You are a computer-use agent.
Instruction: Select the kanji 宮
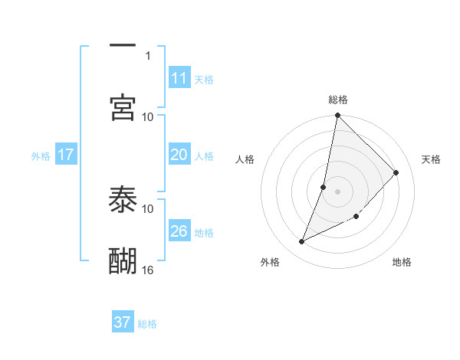(x=123, y=107)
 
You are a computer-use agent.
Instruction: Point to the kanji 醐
(x=123, y=260)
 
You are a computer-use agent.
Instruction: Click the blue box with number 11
(x=179, y=78)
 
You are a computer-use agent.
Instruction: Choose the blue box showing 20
(x=179, y=155)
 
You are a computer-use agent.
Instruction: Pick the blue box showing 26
(x=179, y=231)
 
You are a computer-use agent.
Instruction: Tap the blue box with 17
(x=66, y=155)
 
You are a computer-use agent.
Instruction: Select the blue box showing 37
(x=123, y=322)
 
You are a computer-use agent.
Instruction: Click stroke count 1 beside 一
(x=148, y=55)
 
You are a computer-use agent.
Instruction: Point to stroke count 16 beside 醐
(x=148, y=270)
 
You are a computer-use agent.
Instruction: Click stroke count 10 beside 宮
(x=148, y=116)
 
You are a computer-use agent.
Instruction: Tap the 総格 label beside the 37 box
(x=147, y=324)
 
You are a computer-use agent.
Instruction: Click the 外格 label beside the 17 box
(x=41, y=156)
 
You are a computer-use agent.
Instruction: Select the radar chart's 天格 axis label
(x=431, y=159)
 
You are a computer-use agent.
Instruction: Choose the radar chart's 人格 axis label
(x=245, y=159)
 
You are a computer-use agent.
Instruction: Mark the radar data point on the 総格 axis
(x=337, y=116)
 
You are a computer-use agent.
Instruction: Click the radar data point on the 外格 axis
(x=302, y=242)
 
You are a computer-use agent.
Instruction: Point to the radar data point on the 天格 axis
(x=396, y=172)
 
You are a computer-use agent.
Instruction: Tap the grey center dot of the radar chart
(x=337, y=191)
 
